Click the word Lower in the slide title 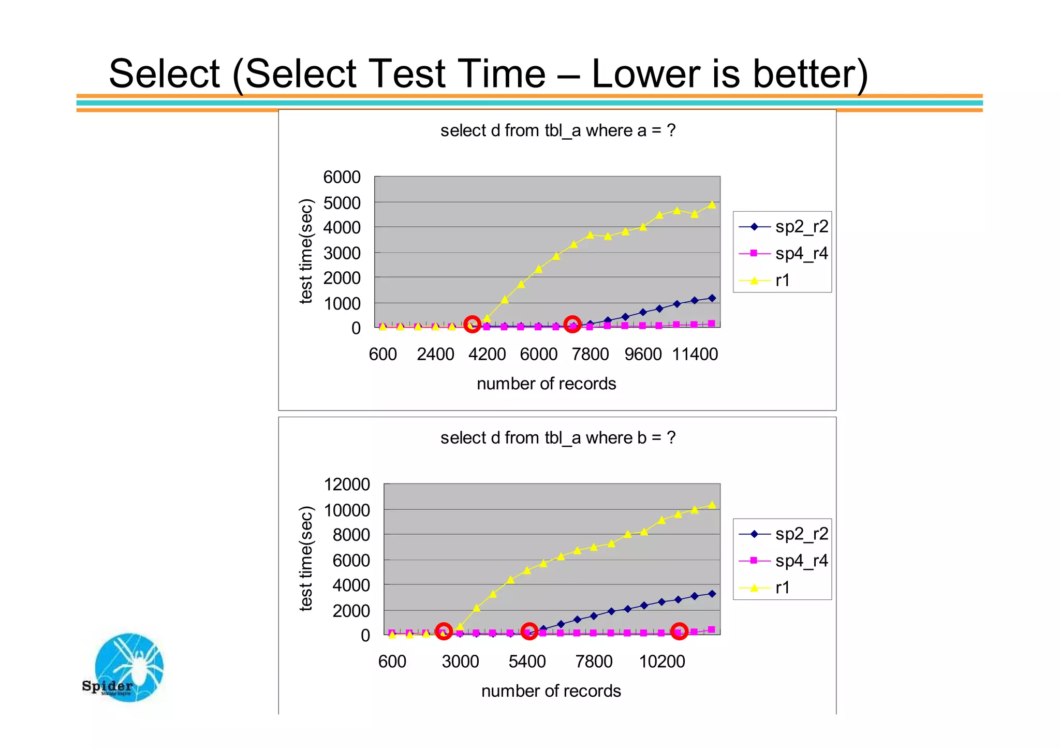[646, 74]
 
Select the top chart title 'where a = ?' [557, 130]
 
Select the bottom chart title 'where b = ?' [557, 438]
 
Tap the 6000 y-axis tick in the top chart [342, 177]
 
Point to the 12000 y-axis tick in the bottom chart [346, 484]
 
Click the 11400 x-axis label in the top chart [695, 355]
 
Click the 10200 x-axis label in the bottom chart [661, 662]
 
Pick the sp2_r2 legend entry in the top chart [783, 227]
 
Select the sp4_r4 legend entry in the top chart [783, 254]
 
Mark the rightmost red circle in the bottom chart [679, 631]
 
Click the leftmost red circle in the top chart [472, 325]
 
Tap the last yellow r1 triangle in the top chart [712, 204]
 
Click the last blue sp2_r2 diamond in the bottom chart [712, 594]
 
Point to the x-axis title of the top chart [546, 384]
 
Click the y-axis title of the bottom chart [306, 559]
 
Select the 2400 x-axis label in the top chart [435, 355]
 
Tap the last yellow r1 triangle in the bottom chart [712, 505]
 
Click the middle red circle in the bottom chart [528, 631]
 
